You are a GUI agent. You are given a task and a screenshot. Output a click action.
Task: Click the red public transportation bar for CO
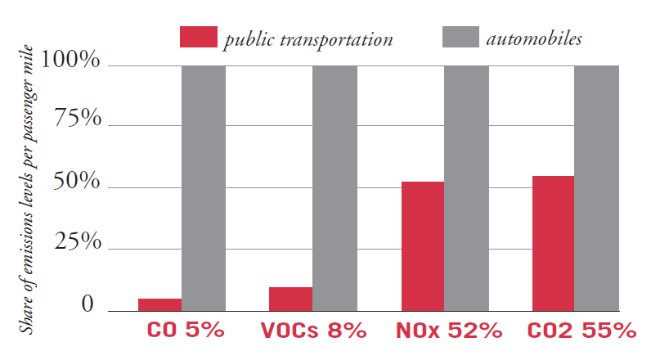tap(159, 305)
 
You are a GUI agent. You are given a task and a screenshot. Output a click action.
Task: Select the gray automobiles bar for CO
tap(204, 188)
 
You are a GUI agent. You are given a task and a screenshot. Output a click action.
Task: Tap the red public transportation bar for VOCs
tap(290, 299)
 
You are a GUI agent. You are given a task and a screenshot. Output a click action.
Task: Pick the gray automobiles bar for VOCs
tap(334, 188)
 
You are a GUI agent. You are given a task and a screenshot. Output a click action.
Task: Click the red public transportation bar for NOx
tap(422, 246)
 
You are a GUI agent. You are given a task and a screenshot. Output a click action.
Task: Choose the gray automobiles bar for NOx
tap(466, 188)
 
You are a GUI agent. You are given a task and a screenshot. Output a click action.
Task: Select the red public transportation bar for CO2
tap(553, 244)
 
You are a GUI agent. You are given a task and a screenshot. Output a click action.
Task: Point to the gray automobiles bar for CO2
tap(596, 188)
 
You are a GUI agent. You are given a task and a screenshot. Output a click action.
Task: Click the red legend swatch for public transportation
tap(199, 37)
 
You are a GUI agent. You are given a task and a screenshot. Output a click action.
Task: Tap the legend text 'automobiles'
tap(533, 38)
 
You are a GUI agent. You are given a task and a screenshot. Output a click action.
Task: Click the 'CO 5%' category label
tap(185, 331)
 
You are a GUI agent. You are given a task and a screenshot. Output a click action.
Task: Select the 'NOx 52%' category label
tap(447, 331)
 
